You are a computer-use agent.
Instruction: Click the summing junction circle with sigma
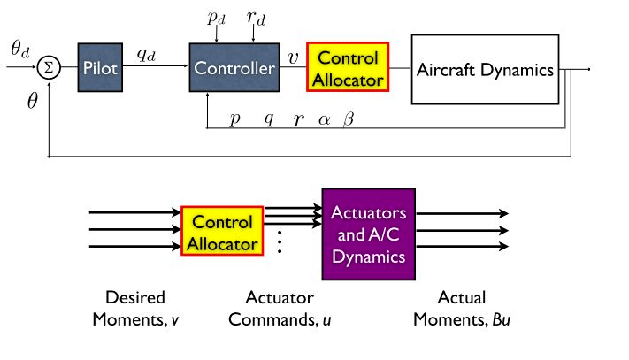50,69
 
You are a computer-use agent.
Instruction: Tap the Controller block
234,68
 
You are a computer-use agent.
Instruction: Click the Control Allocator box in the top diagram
347,68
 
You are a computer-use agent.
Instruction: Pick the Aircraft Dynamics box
485,68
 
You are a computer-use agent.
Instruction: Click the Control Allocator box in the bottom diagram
223,231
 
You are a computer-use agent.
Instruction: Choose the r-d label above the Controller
254,19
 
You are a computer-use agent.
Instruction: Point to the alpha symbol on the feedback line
324,119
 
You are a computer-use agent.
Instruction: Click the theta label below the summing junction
33,101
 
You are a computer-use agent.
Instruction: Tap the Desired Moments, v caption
135,307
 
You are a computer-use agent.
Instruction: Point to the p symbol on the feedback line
234,119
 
